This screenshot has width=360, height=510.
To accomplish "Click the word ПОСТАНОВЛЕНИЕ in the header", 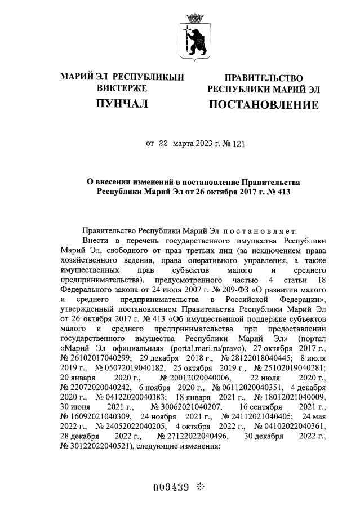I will tap(264, 105).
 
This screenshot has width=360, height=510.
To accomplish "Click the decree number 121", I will tap(239, 143).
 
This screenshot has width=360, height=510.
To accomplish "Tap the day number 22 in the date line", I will tap(163, 143).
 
